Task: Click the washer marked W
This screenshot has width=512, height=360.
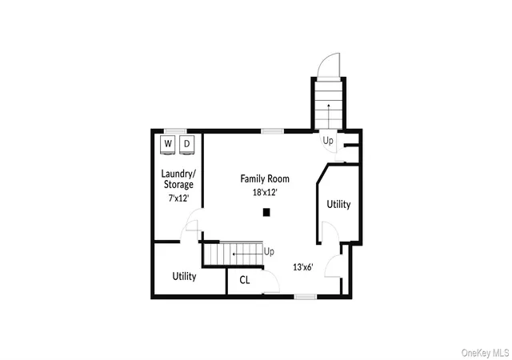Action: pos(168,144)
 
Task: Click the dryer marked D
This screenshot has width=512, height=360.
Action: pos(186,144)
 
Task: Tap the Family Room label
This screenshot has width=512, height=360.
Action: pos(265,178)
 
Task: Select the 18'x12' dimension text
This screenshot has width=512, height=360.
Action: pos(265,192)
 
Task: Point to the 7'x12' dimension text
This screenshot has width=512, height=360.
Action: pos(178,198)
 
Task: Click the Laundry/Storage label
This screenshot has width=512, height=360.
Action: pos(178,179)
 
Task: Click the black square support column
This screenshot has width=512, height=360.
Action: pos(266,212)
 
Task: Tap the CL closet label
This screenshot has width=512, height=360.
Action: pos(245,280)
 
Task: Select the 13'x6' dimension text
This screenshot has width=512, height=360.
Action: pos(303,267)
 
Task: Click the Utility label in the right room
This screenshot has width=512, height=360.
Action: pos(338,205)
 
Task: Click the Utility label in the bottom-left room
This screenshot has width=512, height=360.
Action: pos(184,276)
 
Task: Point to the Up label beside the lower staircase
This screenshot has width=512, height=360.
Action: pos(269,252)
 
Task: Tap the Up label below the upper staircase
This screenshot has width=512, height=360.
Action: pos(328,141)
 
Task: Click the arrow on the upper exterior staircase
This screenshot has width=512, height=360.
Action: pos(329,115)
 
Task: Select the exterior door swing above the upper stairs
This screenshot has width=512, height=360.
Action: pos(329,65)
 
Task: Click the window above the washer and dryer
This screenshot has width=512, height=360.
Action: pos(175,131)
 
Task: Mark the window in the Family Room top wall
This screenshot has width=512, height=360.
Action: pos(272,131)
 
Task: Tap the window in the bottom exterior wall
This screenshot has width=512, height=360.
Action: pos(306,297)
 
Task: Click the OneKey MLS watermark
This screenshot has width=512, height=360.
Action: pos(486,353)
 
